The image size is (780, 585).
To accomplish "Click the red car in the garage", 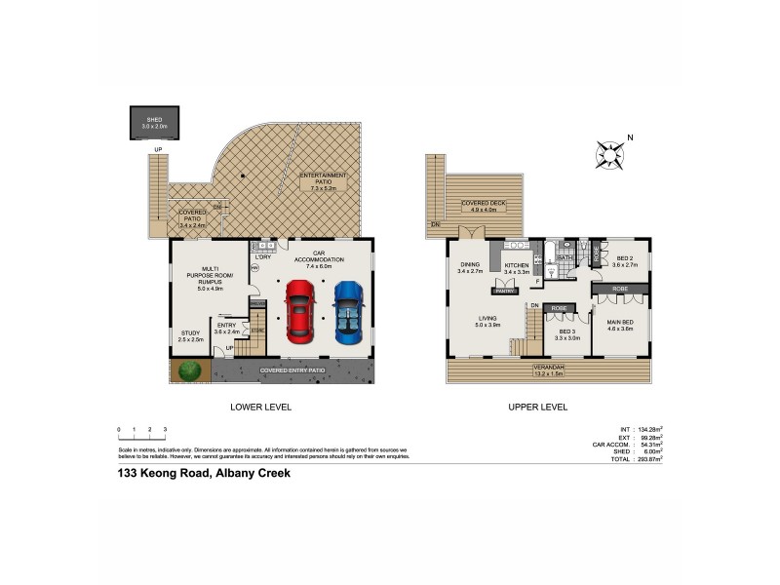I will point(300,311).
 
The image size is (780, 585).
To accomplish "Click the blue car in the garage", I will point(347,311).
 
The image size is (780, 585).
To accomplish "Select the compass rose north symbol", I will point(611,153).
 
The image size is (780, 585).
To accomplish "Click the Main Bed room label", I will point(621,326).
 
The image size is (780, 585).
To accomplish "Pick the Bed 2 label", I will point(624,261).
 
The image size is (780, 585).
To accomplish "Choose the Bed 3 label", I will point(567,333).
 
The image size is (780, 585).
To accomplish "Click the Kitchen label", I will point(516,268).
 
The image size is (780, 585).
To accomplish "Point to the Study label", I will point(190,336).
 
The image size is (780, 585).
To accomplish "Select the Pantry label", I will point(504,291).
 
